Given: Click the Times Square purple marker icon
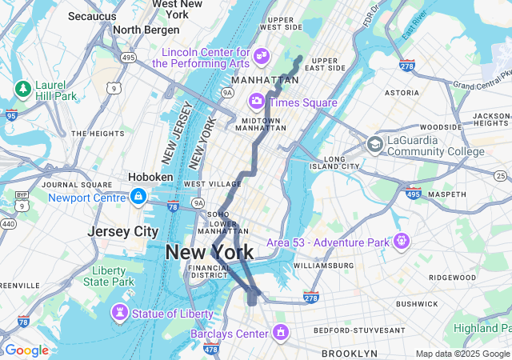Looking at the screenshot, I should tap(257, 102).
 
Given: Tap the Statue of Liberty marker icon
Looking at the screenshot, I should tap(120, 313).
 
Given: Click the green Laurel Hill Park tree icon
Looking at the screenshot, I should tap(22, 88).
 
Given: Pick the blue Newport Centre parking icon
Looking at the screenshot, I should tap(138, 197).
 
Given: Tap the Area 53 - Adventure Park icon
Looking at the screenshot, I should tap(401, 241).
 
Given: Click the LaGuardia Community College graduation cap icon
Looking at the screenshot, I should tap(374, 145).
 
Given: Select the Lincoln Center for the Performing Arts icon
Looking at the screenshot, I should tap(261, 55).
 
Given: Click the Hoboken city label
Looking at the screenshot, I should tap(150, 177).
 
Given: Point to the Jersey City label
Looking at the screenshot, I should tap(123, 231).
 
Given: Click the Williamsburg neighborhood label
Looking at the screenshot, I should tap(323, 265).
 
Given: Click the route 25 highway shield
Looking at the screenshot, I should tap(500, 175).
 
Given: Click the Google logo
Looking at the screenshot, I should tap(26, 350).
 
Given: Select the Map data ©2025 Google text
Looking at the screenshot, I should tap(462, 354).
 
